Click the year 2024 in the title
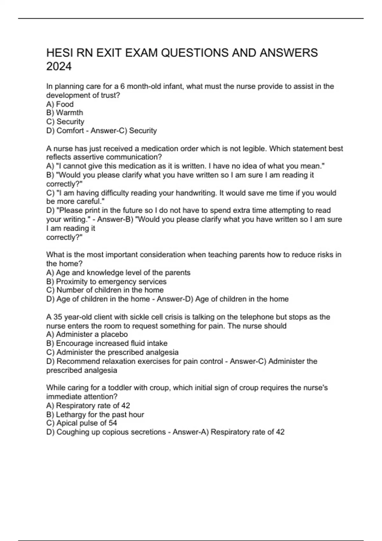tap(59, 67)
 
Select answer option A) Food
tap(60, 104)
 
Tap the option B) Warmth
tap(65, 113)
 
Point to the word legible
tap(247, 149)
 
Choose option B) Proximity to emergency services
tap(106, 282)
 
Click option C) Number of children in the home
tap(105, 290)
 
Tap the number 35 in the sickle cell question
tap(58, 317)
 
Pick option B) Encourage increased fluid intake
tap(107, 343)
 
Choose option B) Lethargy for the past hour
tap(95, 415)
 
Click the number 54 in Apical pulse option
tap(113, 423)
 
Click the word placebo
tap(114, 334)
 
